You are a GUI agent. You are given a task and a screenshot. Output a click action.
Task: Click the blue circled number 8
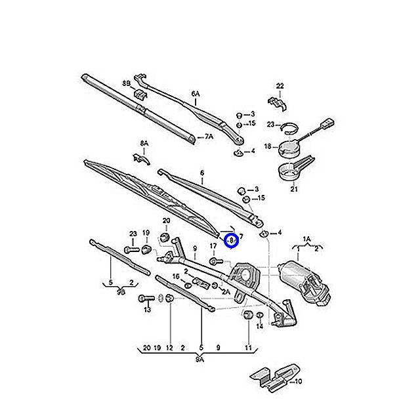(x=231, y=240)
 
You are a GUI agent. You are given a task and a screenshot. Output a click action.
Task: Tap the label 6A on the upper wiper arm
(x=195, y=94)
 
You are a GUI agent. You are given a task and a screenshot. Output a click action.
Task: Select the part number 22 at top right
(x=280, y=86)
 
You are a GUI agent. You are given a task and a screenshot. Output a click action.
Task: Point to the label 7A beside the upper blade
(x=209, y=137)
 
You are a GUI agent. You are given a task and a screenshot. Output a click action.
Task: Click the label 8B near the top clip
(x=126, y=83)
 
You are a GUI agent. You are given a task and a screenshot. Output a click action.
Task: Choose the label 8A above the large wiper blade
(x=144, y=142)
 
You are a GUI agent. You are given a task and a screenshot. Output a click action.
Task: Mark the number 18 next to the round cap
(x=268, y=146)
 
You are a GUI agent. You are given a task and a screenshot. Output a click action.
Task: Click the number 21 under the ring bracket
(x=294, y=189)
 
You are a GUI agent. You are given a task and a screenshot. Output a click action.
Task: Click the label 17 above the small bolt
(x=213, y=246)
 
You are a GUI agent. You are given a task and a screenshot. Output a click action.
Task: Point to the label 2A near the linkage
(x=226, y=291)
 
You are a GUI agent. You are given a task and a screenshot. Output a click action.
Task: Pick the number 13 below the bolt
(x=147, y=309)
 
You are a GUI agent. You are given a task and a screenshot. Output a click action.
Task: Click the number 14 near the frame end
(x=260, y=325)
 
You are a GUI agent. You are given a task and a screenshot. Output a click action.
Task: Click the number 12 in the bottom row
(x=169, y=347)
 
